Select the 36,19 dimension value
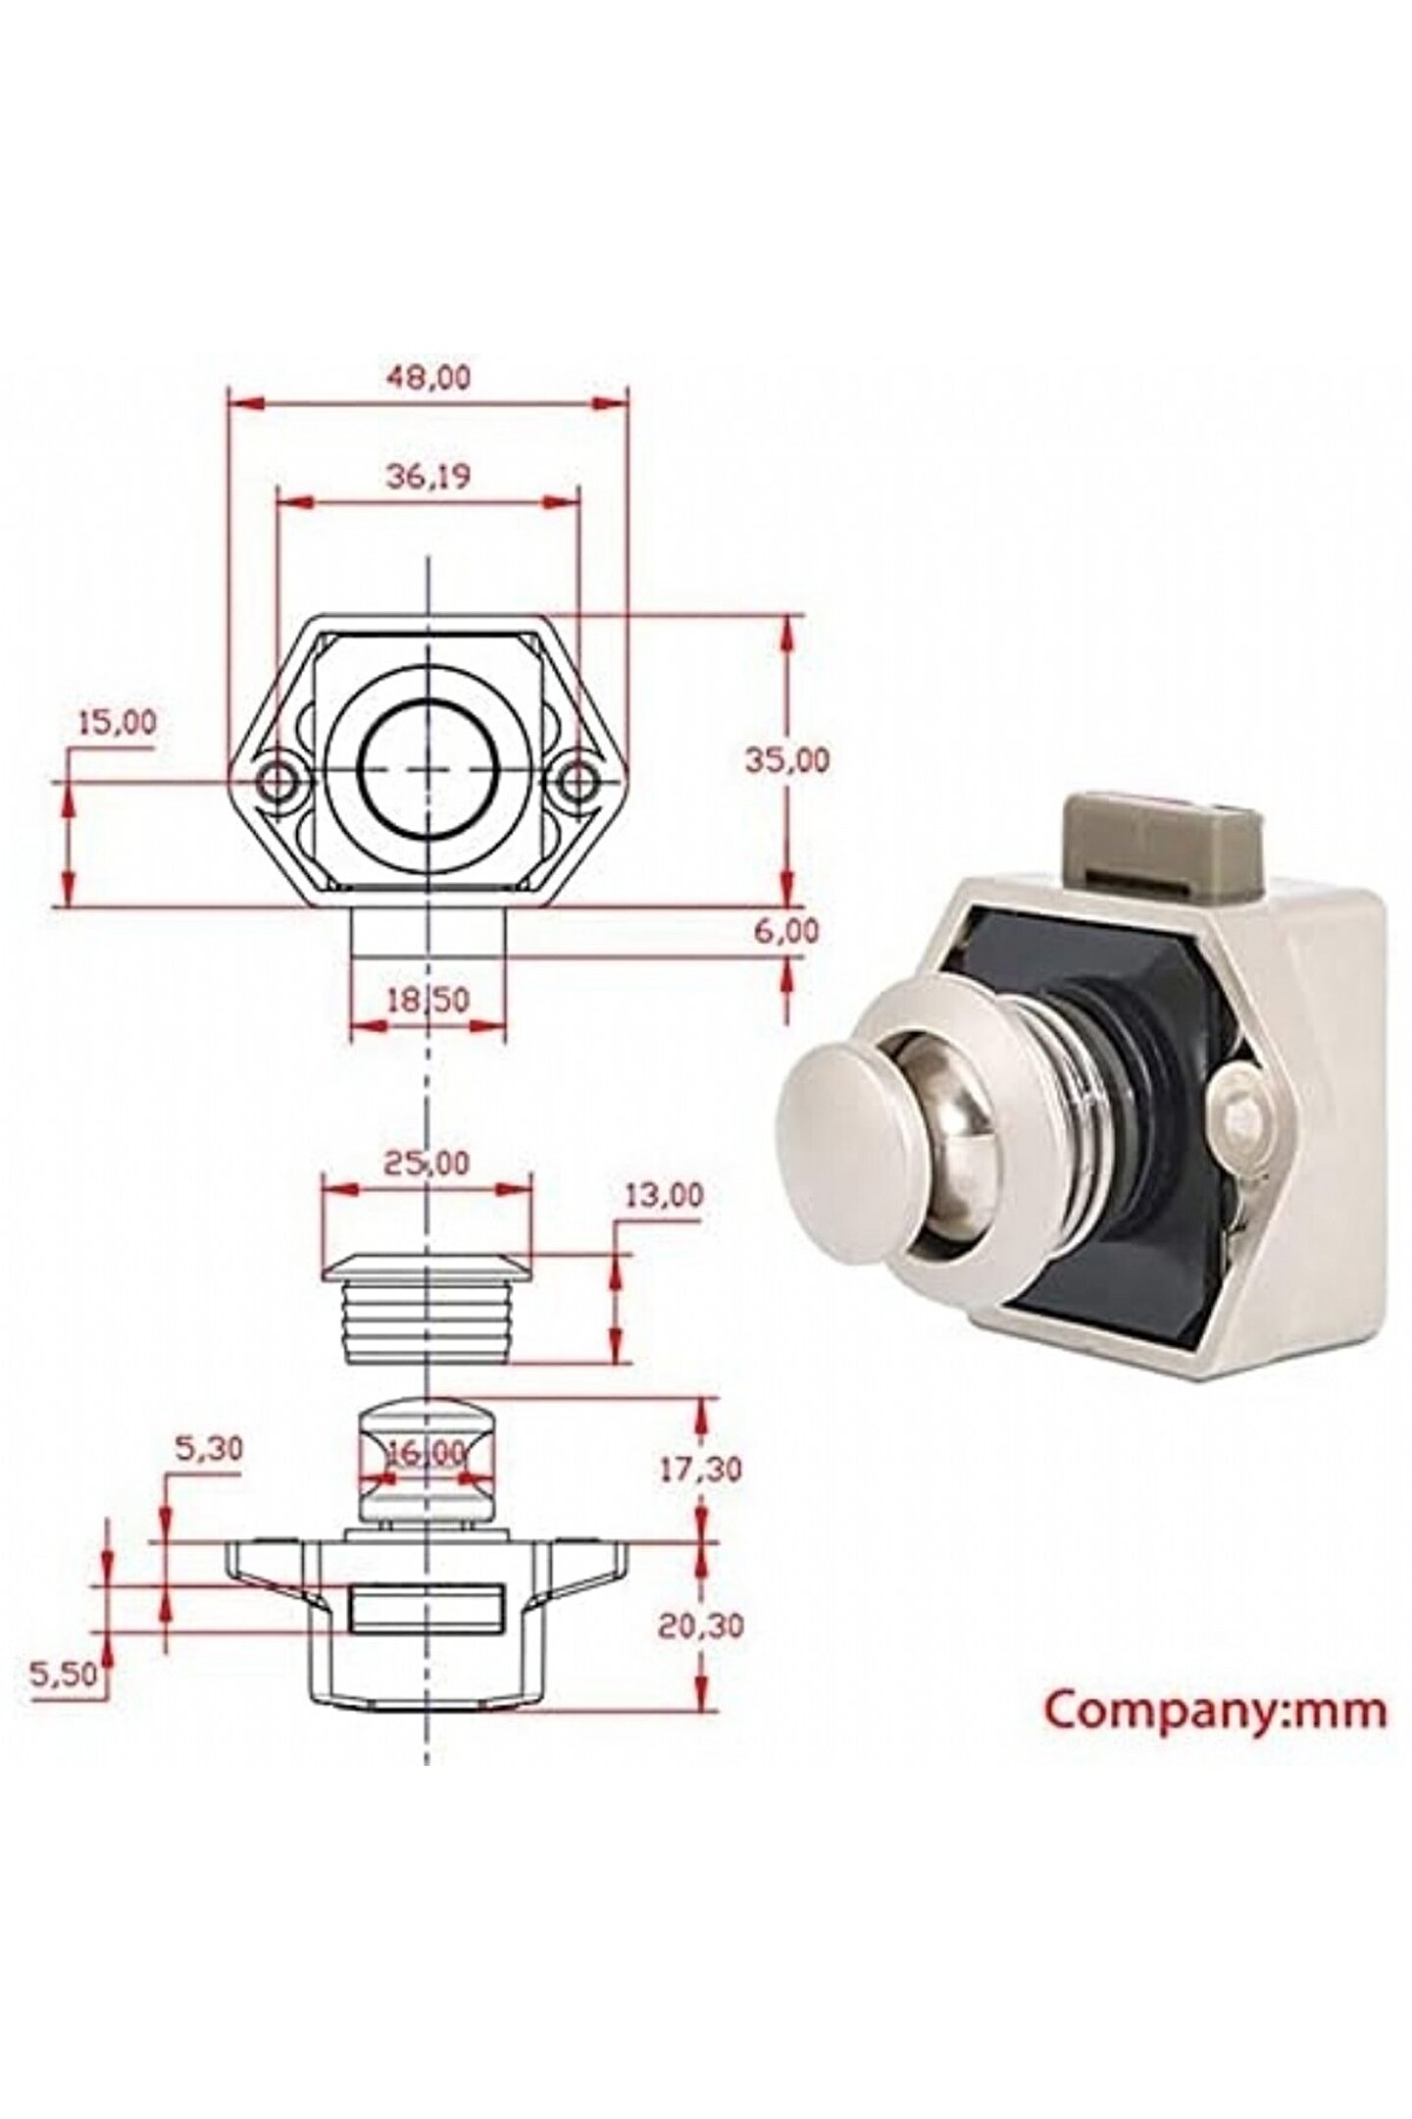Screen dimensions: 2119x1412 (429, 477)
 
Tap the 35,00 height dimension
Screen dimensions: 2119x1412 (786, 759)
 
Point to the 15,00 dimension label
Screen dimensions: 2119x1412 (116, 723)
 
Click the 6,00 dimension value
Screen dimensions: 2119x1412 (786, 931)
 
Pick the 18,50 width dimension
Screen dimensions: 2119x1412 (429, 1000)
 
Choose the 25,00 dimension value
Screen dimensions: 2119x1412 (429, 1163)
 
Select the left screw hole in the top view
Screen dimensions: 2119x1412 (279, 781)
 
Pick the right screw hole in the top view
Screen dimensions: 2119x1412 (580, 781)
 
